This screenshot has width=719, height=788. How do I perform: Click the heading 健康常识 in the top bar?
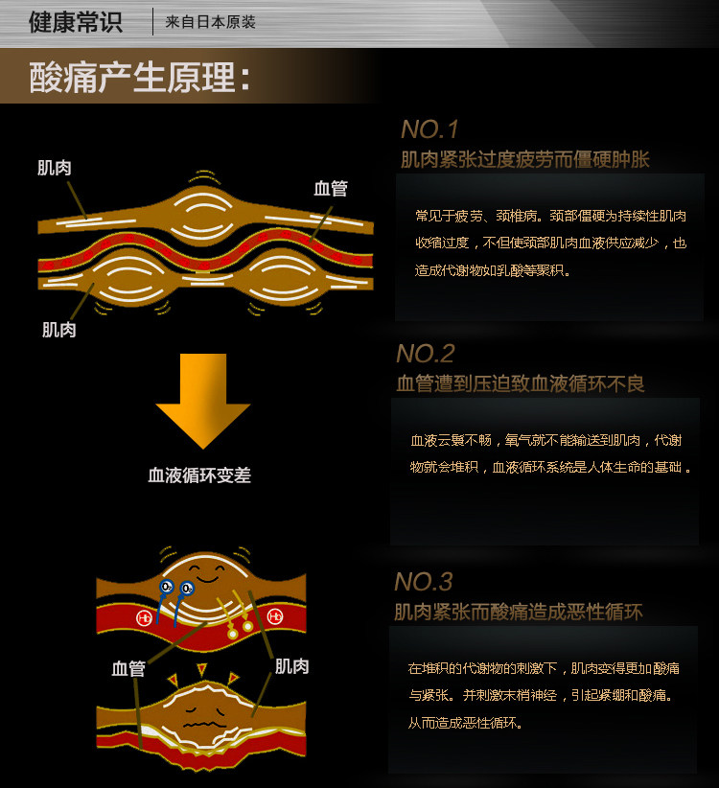click(x=76, y=22)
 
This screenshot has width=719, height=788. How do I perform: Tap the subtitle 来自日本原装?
click(x=210, y=22)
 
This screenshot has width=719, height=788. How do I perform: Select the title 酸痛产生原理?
click(x=140, y=78)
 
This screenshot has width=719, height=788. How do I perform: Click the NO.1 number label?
click(x=429, y=129)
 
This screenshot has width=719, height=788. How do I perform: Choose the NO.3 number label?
click(x=423, y=582)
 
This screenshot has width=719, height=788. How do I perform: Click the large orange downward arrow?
click(x=202, y=399)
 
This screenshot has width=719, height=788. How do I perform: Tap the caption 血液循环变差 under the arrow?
click(x=199, y=475)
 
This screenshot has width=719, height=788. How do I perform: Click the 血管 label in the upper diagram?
click(x=331, y=188)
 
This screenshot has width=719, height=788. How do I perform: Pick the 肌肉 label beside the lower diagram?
click(x=291, y=665)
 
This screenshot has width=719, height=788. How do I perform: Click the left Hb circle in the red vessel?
click(x=144, y=617)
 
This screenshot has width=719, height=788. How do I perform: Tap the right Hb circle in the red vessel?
click(x=275, y=615)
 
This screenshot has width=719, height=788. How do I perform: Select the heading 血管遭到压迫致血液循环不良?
click(x=521, y=383)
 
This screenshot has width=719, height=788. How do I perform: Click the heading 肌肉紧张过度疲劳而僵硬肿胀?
click(x=524, y=159)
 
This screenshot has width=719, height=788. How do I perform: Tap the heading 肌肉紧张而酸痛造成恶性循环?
click(x=518, y=612)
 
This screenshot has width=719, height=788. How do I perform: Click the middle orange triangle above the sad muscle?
click(x=202, y=669)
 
